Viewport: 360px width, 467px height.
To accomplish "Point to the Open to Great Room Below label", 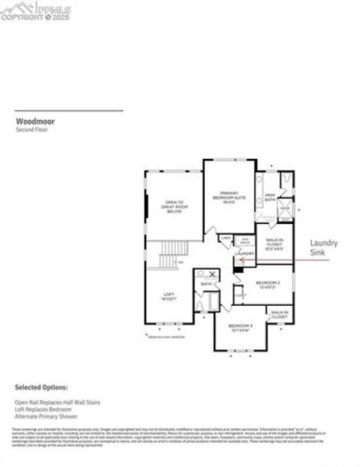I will (x=174, y=205).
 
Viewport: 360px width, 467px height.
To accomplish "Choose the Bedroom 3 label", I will (x=241, y=328).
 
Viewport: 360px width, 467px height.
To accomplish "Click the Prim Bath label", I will (x=269, y=197).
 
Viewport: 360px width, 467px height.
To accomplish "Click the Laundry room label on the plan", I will (x=244, y=253).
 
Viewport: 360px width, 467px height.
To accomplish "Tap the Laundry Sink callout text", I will (x=324, y=249).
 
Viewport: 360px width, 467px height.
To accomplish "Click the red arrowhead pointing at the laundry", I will (x=241, y=259).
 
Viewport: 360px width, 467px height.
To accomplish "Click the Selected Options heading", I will (x=41, y=387).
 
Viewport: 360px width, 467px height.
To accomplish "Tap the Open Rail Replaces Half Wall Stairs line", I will (x=57, y=403).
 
